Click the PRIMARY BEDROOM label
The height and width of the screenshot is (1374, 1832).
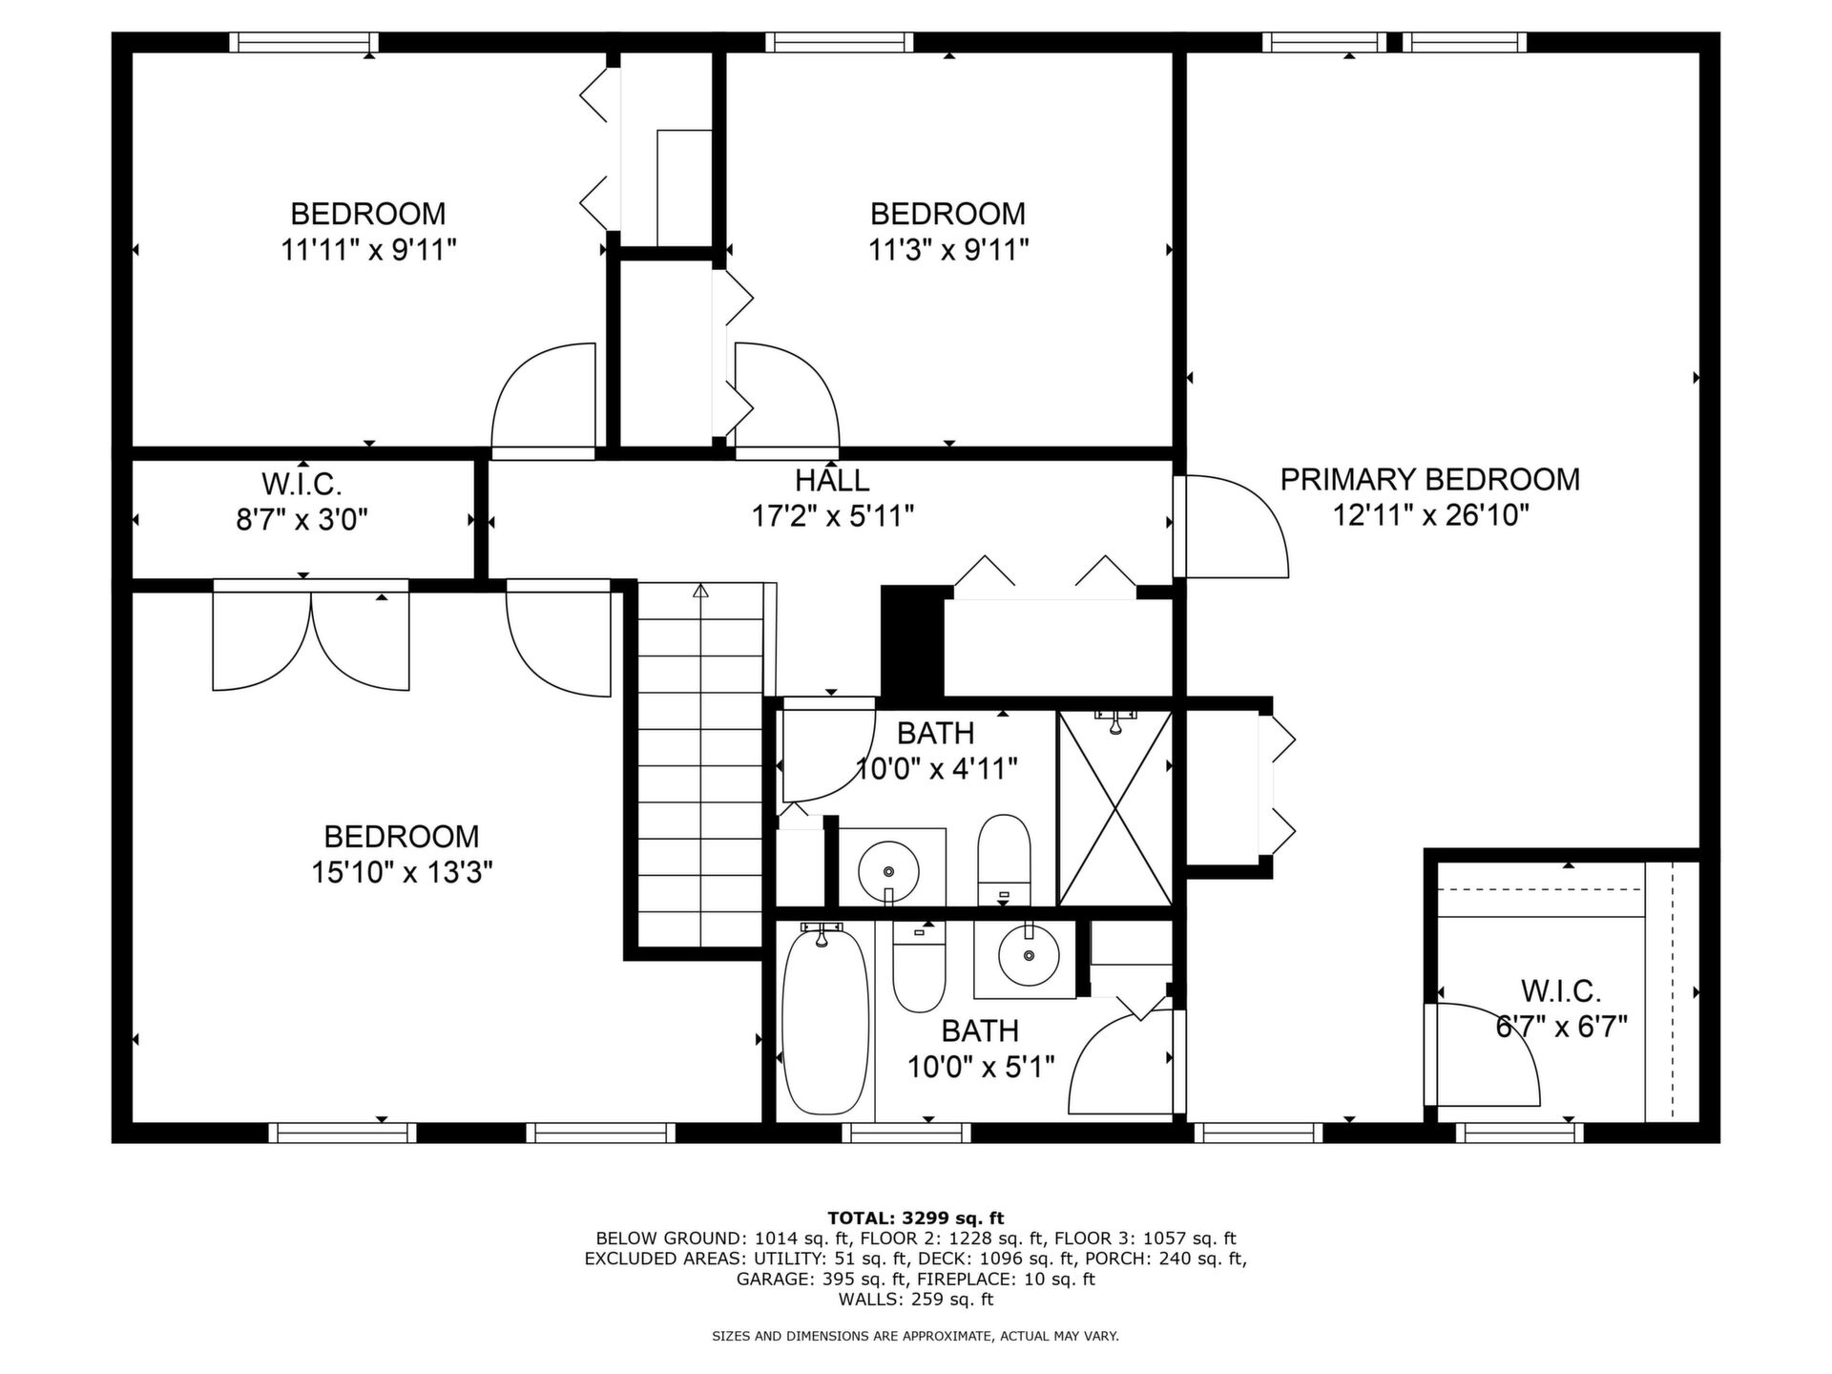(x=1429, y=479)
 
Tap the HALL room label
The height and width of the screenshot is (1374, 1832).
(x=832, y=479)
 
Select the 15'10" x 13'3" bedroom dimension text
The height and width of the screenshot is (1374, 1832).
(x=402, y=872)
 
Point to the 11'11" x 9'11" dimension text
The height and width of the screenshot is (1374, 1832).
(x=368, y=250)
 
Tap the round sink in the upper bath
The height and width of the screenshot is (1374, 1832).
(x=888, y=870)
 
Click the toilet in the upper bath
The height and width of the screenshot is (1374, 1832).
(x=1005, y=859)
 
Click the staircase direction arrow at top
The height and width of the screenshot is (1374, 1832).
(x=701, y=591)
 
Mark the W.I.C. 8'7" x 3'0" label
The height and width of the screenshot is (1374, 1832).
(x=302, y=502)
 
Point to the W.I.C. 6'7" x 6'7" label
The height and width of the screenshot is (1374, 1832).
(x=1561, y=1008)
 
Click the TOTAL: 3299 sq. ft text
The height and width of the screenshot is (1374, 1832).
(x=915, y=1218)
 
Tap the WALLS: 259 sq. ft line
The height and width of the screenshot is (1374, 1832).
(x=915, y=1299)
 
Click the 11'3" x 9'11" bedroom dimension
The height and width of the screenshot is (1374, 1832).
(x=948, y=250)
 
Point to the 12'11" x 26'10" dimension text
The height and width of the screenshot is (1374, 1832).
(x=1430, y=515)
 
